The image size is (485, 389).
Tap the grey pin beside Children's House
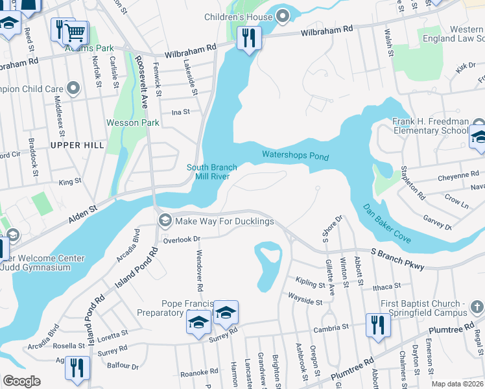click(282, 17)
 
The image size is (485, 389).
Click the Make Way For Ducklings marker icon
click(165, 221)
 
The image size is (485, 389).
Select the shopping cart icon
click(76, 32)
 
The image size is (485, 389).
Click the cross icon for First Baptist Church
click(477, 305)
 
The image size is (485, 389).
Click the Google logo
click(21, 381)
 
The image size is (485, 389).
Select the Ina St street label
click(180, 112)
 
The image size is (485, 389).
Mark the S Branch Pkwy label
click(397, 259)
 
